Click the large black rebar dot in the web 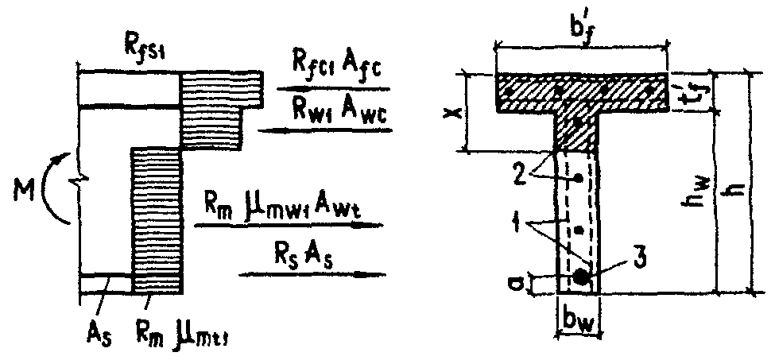coord(583,277)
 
